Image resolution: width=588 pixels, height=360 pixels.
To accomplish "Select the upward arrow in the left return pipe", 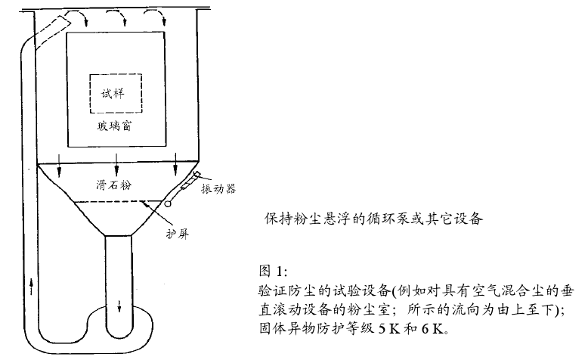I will [30, 287].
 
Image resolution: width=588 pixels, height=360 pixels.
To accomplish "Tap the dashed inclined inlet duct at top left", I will [48, 31].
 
